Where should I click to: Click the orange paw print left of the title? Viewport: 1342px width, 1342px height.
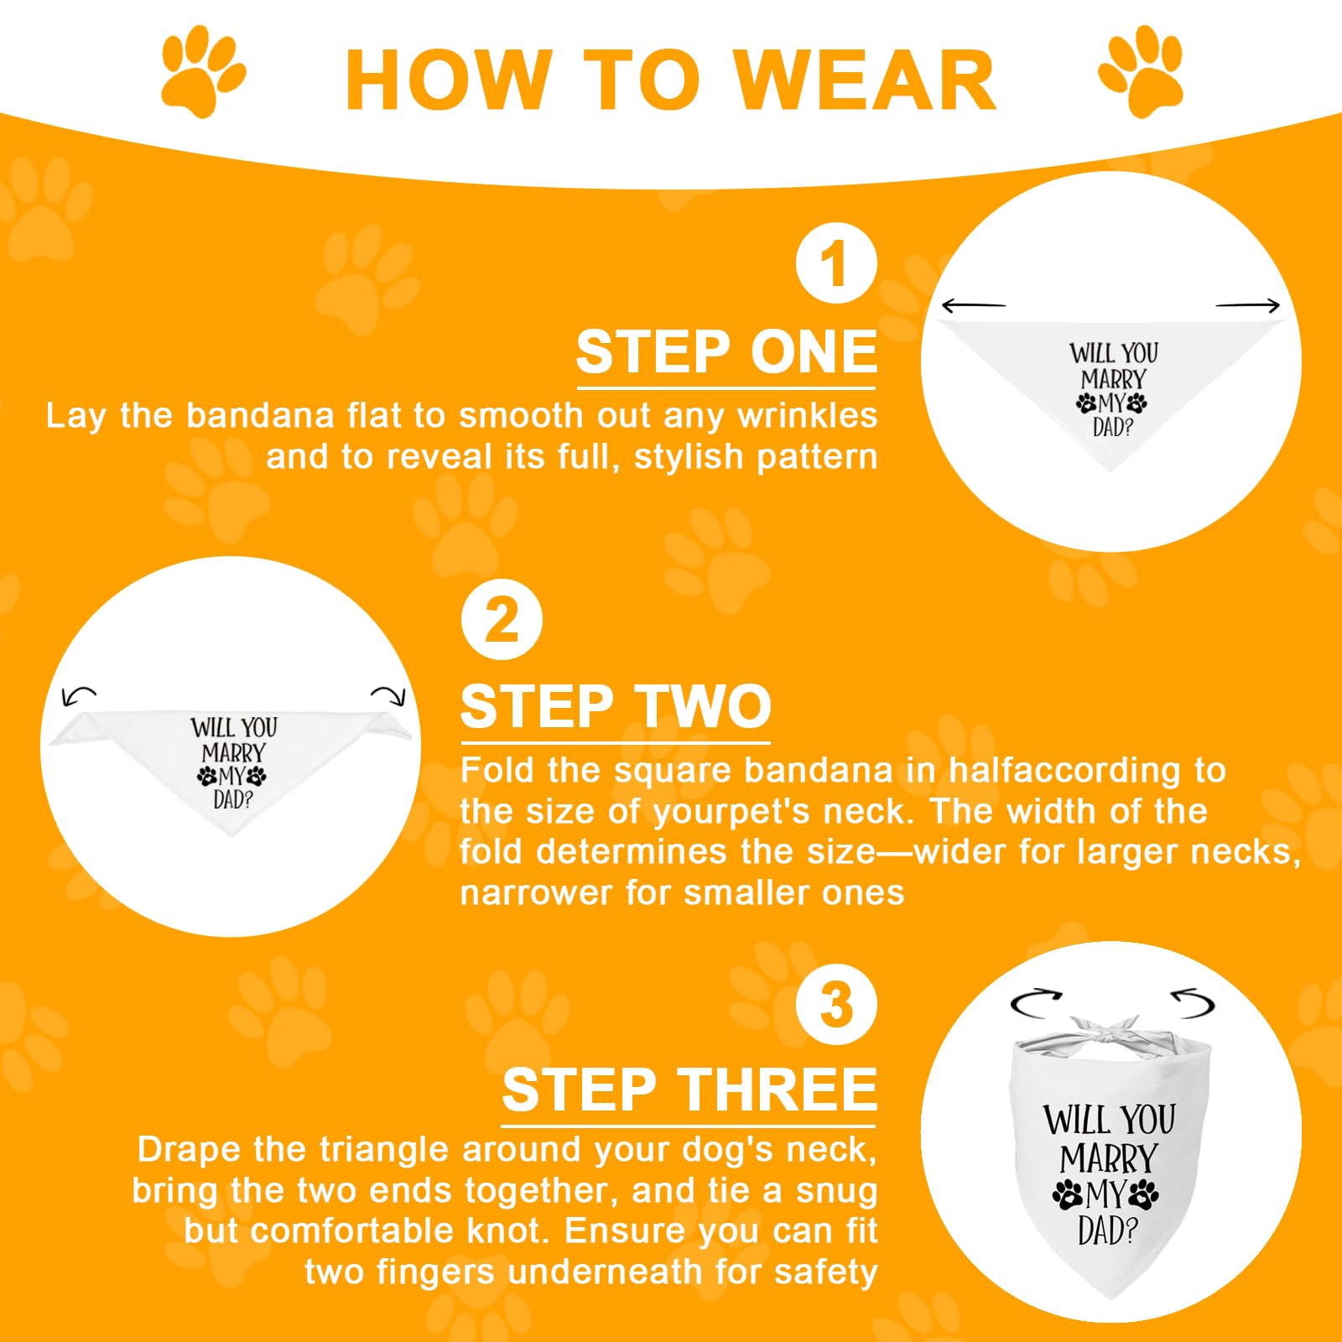[203, 70]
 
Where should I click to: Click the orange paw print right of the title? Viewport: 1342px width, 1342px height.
[1141, 70]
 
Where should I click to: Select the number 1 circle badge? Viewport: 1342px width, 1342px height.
[835, 263]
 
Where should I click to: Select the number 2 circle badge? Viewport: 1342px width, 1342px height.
[502, 620]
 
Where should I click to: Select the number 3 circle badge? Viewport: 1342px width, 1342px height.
[835, 1004]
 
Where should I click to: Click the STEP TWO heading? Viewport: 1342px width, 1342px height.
[616, 706]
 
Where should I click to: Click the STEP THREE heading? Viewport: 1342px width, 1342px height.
[689, 1090]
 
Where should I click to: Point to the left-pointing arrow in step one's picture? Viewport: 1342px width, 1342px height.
[973, 306]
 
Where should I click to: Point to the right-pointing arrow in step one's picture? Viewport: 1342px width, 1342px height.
[1248, 306]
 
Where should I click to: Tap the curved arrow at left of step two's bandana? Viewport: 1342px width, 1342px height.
[79, 695]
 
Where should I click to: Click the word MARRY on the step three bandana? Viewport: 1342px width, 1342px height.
[1108, 1159]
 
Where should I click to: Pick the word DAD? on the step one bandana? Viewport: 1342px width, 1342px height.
[1112, 427]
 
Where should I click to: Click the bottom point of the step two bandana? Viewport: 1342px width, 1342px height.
[231, 835]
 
